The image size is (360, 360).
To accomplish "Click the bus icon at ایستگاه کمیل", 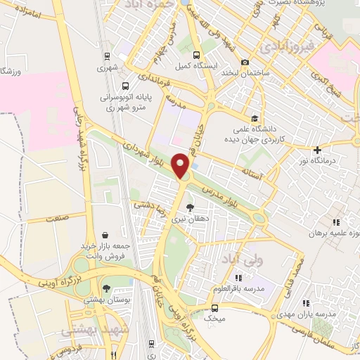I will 196,54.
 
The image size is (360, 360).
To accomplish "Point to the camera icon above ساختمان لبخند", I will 245,62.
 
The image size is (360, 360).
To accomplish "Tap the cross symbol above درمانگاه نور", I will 318,150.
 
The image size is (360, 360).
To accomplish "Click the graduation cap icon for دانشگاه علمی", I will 254,118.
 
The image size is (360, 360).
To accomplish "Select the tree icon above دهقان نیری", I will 189,207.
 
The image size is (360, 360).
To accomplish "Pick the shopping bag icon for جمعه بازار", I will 105,235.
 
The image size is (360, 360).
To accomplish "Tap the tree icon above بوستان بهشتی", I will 105,288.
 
